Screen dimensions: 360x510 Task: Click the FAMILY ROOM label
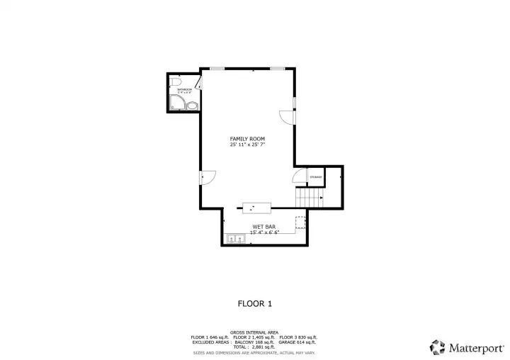point(247,138)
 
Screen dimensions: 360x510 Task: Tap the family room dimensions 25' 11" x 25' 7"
point(247,144)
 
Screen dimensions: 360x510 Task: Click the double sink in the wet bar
point(236,239)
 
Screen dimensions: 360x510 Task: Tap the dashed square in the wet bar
point(300,222)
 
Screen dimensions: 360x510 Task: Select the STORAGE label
point(315,176)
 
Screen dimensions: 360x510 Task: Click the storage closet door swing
point(298,178)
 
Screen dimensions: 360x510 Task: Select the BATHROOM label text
point(184,89)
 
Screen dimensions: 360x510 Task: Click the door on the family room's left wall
point(207,178)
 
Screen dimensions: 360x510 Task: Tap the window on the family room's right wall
point(294,107)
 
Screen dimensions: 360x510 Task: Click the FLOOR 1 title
point(254,303)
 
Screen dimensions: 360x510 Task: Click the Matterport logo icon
point(437,347)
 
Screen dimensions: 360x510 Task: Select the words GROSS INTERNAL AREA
point(254,332)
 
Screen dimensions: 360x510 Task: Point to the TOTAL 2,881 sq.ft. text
point(254,347)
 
